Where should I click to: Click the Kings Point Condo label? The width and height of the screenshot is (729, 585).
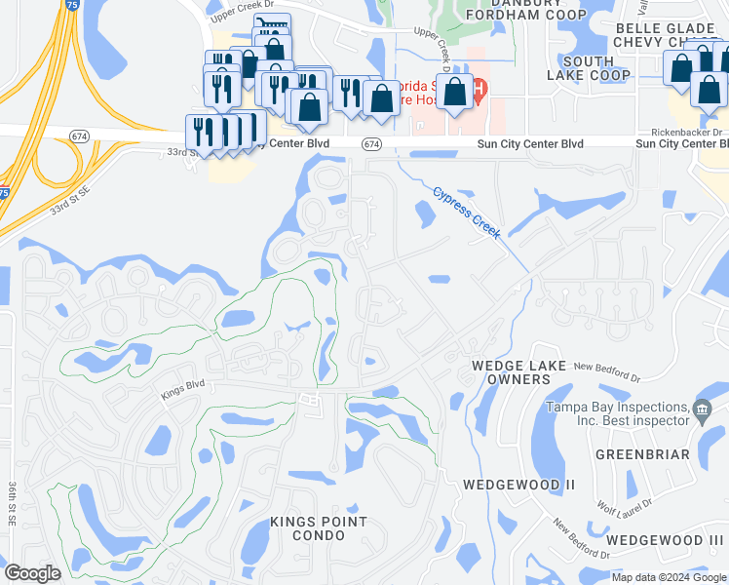click(319, 529)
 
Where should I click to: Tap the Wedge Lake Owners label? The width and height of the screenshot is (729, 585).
click(512, 371)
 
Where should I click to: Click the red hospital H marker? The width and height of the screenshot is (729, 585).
click(479, 93)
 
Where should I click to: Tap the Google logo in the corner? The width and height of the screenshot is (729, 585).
click(32, 573)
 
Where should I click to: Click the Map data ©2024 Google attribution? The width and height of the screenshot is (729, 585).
click(670, 577)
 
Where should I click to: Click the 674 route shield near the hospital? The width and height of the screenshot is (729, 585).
click(371, 143)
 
